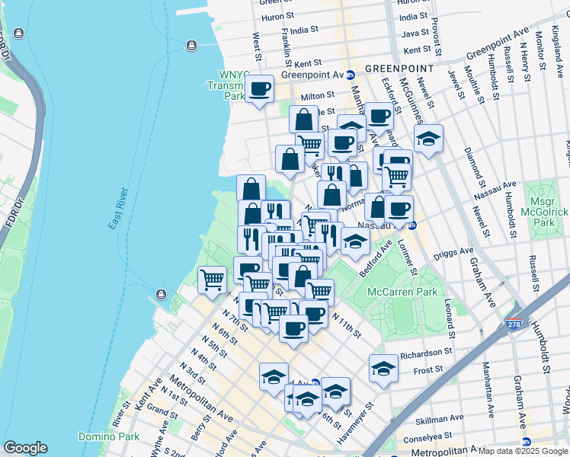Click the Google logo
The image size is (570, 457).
pyautogui.click(x=25, y=448)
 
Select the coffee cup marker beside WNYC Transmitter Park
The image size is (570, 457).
pyautogui.click(x=260, y=90)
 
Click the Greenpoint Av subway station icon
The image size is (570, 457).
pyautogui.click(x=351, y=75)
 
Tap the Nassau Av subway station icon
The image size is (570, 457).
pyautogui.click(x=412, y=225)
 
